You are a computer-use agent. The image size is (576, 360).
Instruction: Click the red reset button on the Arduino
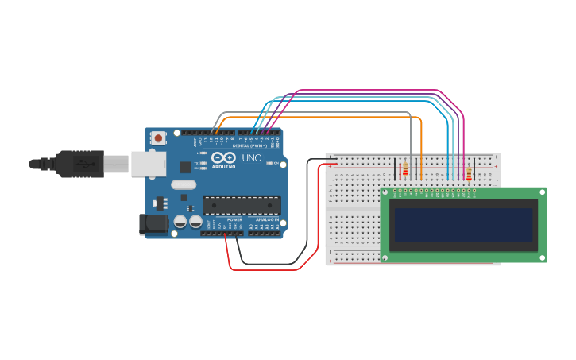pyautogui.click(x=158, y=138)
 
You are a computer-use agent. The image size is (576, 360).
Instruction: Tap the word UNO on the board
pyautogui.click(x=251, y=158)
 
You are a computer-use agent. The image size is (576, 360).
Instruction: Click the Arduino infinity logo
pyautogui.click(x=223, y=157)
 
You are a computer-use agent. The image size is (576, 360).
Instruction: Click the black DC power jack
pyautogui.click(x=155, y=225)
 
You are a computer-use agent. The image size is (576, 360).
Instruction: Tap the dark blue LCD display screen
pyautogui.click(x=462, y=224)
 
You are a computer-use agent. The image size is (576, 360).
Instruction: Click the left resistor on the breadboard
pyautogui.click(x=405, y=169)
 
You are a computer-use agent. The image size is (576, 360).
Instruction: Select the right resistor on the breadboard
pyautogui.click(x=469, y=174)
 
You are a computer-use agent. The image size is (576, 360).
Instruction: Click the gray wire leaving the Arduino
pyautogui.click(x=318, y=112)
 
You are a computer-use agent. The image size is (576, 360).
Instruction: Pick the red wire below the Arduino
pyautogui.click(x=262, y=269)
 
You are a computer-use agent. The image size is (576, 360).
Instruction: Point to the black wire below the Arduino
pyautogui.click(x=270, y=263)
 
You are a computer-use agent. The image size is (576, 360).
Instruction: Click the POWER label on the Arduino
pyautogui.click(x=235, y=219)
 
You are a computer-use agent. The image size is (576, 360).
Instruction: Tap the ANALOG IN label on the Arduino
pyautogui.click(x=266, y=219)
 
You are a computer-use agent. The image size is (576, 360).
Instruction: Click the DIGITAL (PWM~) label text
pyautogui.click(x=249, y=145)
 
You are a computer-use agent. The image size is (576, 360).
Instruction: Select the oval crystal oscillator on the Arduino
pyautogui.click(x=183, y=185)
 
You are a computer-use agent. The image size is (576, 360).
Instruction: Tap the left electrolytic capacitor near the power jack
pyautogui.click(x=180, y=223)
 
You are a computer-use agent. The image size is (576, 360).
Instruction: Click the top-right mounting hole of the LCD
pyautogui.click(x=542, y=192)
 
